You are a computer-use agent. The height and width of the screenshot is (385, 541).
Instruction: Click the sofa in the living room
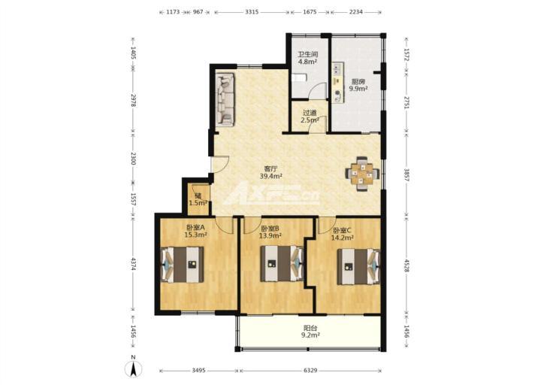pos(226,99)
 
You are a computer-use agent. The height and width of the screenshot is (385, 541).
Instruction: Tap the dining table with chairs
pos(363,174)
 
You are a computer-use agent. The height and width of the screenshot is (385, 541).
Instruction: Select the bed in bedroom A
pos(182,264)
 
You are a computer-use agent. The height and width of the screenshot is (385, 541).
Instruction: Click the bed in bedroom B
pos(282,263)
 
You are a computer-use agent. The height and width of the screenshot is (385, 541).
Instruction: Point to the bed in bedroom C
pos(358,266)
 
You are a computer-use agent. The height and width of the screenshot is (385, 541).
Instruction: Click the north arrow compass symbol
pos(134,368)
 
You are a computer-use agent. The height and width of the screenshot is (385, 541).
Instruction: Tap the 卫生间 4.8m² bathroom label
pos(308,58)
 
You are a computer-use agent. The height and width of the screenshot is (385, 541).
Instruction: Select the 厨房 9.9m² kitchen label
pos(358,85)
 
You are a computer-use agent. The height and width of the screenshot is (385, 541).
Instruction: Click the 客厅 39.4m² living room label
pos(271,172)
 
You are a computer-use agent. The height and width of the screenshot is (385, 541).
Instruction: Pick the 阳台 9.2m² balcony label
pos(310,332)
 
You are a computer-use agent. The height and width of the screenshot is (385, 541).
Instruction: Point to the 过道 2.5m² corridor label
pos(310,117)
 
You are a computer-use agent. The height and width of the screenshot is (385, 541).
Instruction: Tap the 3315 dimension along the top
pos(252,12)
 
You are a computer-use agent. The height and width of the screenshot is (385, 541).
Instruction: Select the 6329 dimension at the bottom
pos(310,371)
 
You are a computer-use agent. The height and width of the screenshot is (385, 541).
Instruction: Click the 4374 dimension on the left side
pos(133,265)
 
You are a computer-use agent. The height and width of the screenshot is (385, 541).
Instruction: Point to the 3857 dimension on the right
pos(406,176)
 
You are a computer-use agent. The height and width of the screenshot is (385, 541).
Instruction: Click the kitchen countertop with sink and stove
pos(338,83)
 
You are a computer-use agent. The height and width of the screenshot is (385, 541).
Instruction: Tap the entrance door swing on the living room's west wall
pos(219,165)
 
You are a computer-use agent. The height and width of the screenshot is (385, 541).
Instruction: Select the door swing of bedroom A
pos(224,225)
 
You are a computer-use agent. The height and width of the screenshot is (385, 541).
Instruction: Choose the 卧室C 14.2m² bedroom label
pos(343,234)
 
